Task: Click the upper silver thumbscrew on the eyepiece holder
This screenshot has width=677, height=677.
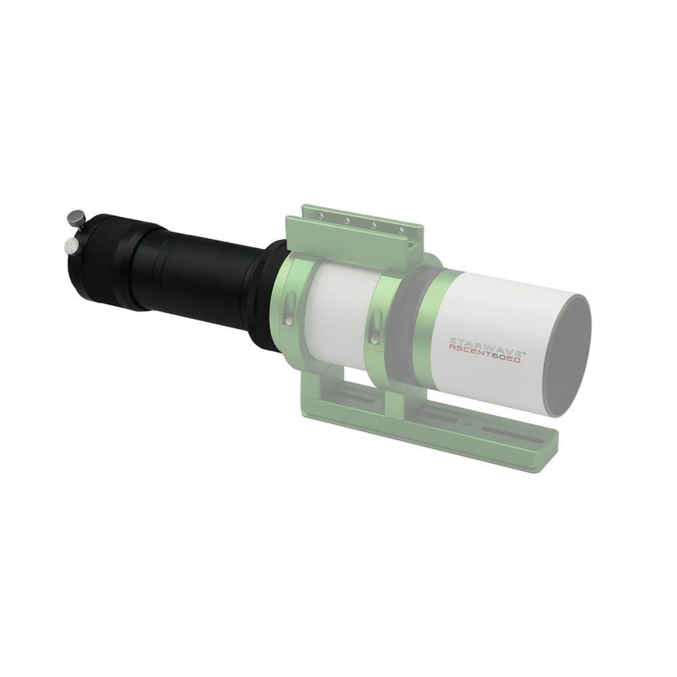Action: point(74,218)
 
